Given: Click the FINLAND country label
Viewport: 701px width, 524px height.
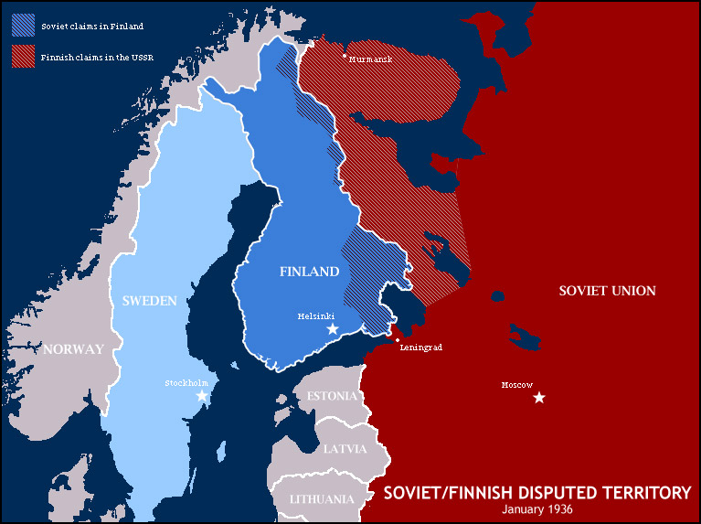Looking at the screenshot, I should pos(309,272).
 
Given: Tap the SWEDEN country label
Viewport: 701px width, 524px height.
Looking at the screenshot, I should pos(143,301).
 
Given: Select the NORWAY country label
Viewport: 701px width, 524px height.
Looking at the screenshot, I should pos(73,348).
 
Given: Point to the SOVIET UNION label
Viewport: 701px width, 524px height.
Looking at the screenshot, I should pos(607,291).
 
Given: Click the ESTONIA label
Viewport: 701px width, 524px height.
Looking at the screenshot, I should pos(332,396).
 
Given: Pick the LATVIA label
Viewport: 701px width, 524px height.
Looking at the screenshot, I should pos(345,449).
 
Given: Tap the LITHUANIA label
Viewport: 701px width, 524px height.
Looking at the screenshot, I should pos(322,499).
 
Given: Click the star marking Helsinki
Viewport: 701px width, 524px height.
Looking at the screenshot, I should pos(333,328).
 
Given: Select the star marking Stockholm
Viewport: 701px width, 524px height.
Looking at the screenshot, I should pos(202,396).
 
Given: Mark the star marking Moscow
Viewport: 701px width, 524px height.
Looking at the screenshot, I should pos(539,397).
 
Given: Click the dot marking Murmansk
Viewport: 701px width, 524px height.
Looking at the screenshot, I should pos(345,57).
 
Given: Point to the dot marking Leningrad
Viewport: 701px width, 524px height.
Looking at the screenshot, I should pos(398,340).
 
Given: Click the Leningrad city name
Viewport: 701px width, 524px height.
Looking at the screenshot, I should pos(421,348).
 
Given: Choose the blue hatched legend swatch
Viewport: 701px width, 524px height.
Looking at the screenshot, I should pos(24,26).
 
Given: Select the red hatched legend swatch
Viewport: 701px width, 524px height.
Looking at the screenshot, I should pos(24,57).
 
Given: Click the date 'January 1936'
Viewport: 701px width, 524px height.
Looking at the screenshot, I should pos(537,508).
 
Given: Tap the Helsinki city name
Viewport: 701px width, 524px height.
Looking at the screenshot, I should pos(316,315).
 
